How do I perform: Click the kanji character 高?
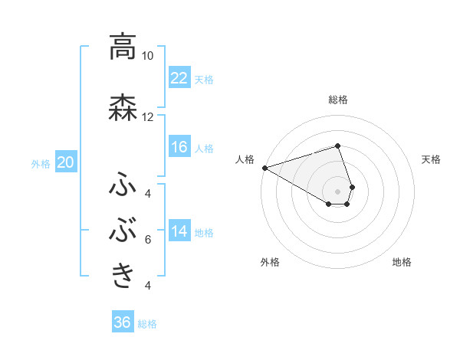122,47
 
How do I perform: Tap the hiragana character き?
123,274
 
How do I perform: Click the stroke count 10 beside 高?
147,56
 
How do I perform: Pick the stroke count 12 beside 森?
147,117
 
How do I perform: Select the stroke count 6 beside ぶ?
147,240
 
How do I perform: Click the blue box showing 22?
179,78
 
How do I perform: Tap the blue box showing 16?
179,148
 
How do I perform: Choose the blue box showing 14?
179,232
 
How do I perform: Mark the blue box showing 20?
66,162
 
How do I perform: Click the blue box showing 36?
122,322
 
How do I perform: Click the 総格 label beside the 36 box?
147,324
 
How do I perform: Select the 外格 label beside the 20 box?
41,163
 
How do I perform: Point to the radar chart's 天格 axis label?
432,159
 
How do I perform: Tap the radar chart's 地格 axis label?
402,262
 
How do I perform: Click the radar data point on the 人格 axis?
264,168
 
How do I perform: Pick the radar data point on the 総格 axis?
337,146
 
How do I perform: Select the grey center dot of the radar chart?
337,191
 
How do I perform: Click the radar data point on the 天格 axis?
352,186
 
